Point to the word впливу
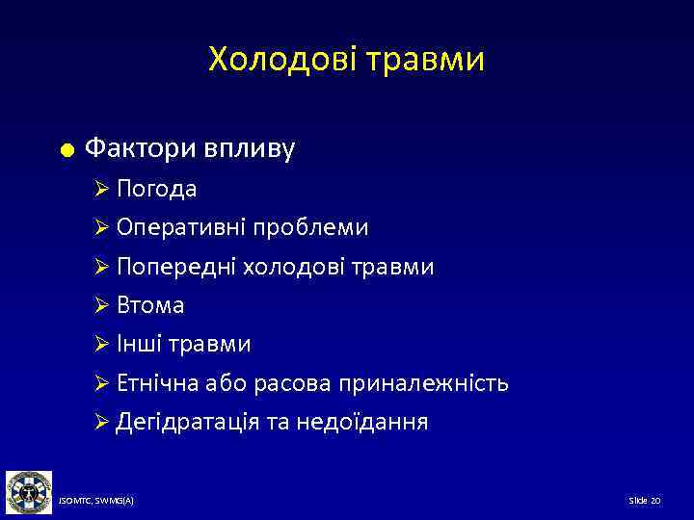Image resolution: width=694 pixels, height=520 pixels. point(250,149)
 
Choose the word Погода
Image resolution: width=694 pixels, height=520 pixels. point(157,189)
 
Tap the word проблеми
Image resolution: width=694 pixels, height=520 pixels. point(312,228)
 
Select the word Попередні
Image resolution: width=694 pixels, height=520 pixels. point(179,267)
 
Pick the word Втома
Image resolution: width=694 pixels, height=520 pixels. point(150,306)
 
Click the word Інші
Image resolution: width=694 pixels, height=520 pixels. point(142,345)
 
